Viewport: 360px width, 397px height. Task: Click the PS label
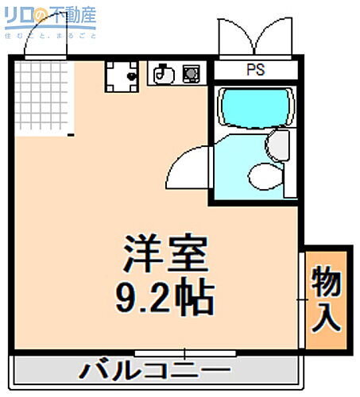tap(255, 70)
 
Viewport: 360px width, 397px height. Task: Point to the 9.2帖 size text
tap(165, 297)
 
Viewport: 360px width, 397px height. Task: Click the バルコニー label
tap(156, 371)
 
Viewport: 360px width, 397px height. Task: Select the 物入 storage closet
tap(326, 298)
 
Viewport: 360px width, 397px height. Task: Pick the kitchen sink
tap(163, 74)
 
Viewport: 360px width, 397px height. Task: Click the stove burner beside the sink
tap(191, 74)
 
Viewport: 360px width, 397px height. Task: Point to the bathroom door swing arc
tap(188, 165)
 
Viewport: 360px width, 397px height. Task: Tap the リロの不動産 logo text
tap(52, 15)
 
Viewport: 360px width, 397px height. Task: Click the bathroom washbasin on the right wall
tap(280, 145)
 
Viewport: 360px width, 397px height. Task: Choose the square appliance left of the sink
tap(122, 75)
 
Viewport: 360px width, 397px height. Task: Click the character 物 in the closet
tap(326, 279)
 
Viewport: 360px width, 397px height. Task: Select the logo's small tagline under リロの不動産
tap(52, 34)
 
